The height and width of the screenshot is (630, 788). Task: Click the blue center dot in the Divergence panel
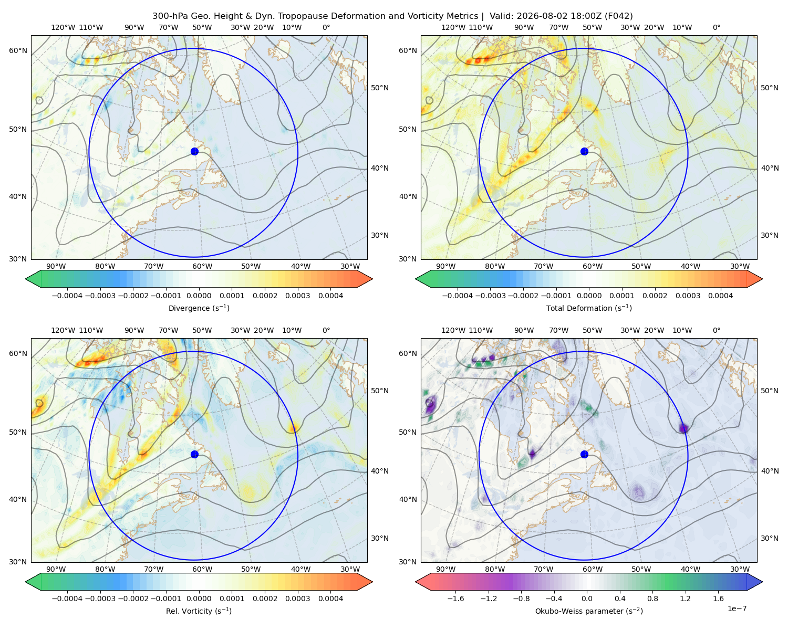(x=194, y=151)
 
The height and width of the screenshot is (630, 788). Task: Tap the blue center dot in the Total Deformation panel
(x=584, y=151)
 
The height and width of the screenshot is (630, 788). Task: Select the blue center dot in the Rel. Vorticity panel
(x=194, y=454)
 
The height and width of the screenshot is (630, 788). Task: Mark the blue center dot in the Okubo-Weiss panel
(x=584, y=454)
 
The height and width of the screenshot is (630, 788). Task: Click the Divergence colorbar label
(x=199, y=308)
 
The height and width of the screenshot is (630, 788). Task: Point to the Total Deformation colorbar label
(x=589, y=308)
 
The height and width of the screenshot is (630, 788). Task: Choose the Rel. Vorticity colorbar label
(x=199, y=611)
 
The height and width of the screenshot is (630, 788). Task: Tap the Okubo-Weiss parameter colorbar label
(x=589, y=611)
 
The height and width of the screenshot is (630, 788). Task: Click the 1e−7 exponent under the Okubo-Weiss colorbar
(x=737, y=608)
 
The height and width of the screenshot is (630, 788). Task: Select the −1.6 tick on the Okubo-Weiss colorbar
(x=455, y=598)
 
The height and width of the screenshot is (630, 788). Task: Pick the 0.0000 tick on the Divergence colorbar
(x=199, y=296)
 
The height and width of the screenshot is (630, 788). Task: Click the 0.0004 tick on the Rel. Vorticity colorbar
(x=330, y=598)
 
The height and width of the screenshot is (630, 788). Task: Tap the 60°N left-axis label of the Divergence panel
(x=18, y=50)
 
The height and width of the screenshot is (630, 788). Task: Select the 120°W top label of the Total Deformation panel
(x=453, y=27)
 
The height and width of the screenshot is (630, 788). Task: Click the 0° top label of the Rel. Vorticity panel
(x=326, y=330)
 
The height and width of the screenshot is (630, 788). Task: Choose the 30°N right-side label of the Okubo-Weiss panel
(x=770, y=538)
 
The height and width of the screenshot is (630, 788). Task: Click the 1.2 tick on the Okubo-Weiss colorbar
(x=685, y=598)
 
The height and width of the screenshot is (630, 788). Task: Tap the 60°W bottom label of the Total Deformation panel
(x=593, y=266)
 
